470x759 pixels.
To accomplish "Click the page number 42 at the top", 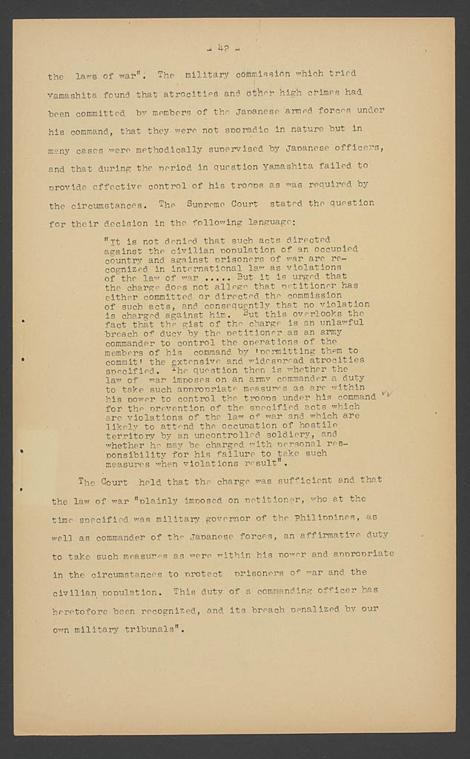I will pos(222,50).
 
